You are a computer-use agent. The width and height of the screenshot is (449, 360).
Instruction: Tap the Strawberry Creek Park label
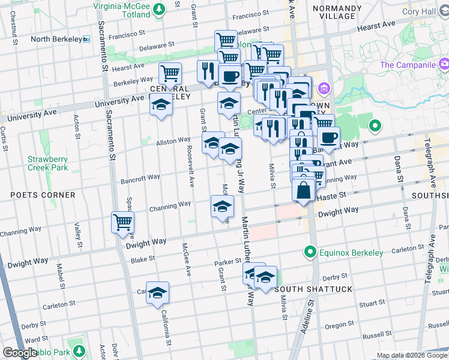(x=47, y=163)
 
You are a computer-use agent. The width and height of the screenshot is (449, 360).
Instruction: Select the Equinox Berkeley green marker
(x=310, y=251)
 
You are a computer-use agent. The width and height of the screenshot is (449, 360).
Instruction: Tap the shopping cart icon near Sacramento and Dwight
(x=123, y=223)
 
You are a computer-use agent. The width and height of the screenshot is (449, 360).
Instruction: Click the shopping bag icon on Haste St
(x=304, y=191)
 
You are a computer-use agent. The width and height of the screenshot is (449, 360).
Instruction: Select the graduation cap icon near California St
(x=157, y=293)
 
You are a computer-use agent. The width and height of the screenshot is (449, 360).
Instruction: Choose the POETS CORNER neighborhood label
(x=42, y=195)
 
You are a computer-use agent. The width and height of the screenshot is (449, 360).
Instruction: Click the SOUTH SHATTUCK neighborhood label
(x=313, y=289)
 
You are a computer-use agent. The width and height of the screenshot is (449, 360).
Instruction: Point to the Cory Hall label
(x=435, y=11)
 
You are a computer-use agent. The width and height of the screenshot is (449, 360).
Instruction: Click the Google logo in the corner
(x=20, y=353)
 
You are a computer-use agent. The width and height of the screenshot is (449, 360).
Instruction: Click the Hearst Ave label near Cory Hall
(x=376, y=28)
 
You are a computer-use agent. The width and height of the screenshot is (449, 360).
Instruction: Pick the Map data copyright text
(x=411, y=355)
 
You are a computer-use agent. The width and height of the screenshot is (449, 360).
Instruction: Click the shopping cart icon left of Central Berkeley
(x=170, y=74)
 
